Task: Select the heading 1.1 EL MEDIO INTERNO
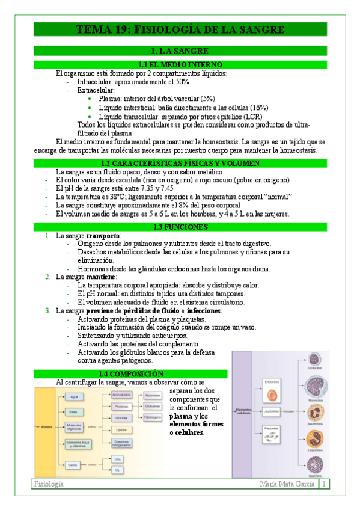180,64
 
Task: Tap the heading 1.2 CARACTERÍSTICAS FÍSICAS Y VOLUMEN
180,163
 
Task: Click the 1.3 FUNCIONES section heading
180,227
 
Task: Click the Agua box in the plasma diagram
74,397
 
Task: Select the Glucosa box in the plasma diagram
121,417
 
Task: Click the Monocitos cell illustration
314,385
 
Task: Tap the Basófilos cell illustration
314,464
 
